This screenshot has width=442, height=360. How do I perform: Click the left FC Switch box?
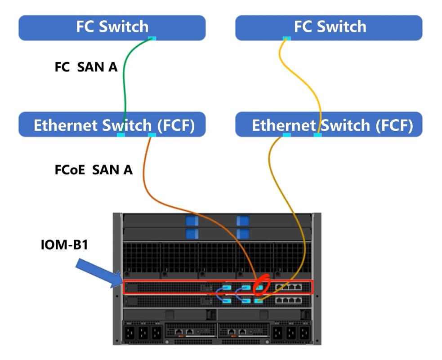(112, 27)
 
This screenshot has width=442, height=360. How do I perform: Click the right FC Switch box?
(329, 27)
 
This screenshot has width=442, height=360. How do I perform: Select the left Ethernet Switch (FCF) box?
(112, 124)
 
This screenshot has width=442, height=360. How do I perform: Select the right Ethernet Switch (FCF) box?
(329, 124)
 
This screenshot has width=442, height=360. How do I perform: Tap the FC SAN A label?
(86, 67)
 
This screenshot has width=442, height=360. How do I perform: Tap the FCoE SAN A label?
(94, 170)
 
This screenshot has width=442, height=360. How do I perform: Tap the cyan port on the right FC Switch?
(286, 38)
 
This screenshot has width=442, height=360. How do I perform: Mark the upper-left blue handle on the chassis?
(192, 221)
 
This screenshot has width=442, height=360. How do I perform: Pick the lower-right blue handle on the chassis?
(243, 234)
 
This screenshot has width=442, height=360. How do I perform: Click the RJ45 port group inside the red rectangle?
(289, 287)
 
